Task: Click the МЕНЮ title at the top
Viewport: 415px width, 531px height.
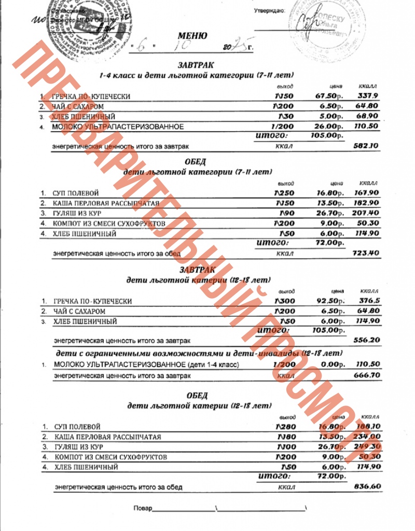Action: pos(192,36)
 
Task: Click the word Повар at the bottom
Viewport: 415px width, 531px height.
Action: pos(143,508)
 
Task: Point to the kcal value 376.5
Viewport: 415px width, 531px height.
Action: pos(369,301)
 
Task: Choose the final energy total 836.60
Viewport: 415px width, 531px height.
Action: pos(367,486)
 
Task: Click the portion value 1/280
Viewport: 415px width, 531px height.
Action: pos(285,427)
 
